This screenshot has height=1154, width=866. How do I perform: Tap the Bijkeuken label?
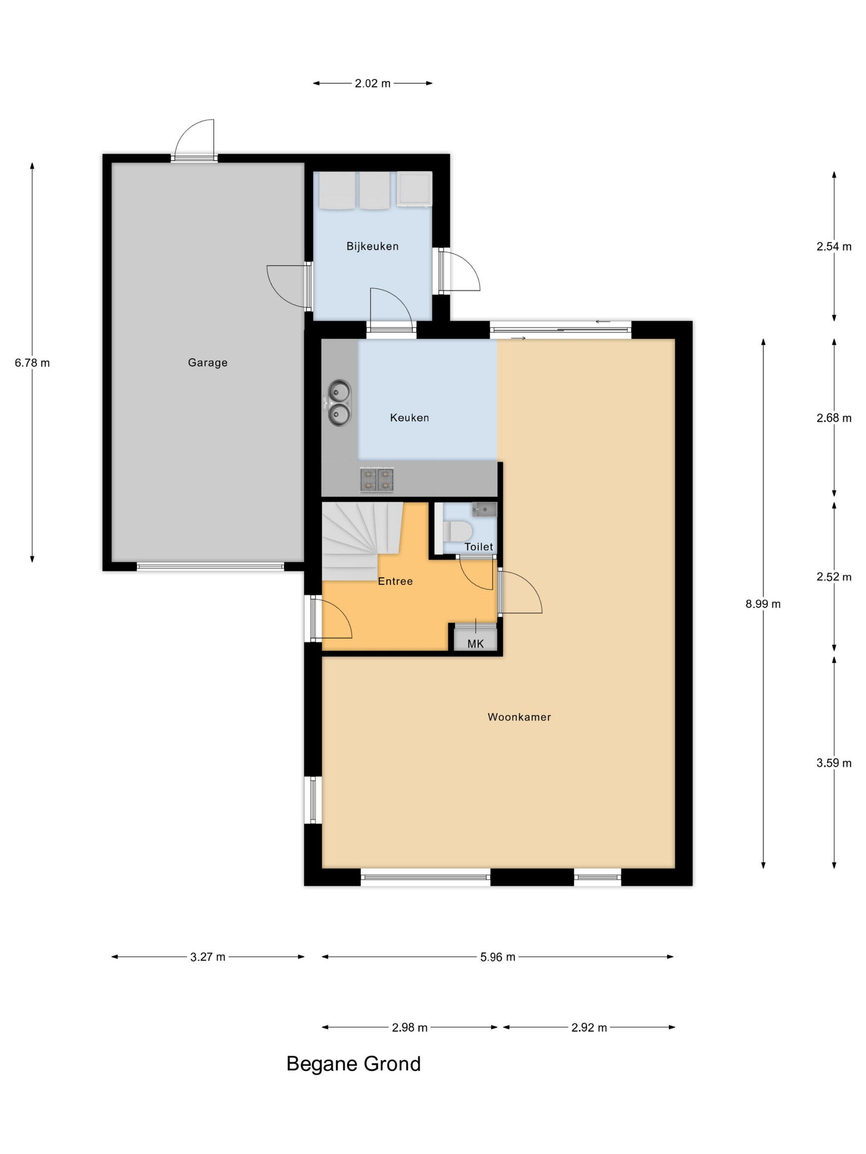(x=372, y=246)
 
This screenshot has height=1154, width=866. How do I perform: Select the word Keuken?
(x=409, y=418)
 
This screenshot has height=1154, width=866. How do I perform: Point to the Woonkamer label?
(x=519, y=717)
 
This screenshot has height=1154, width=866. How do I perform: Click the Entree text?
(x=395, y=581)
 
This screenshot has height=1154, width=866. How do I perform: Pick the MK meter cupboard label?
(x=475, y=644)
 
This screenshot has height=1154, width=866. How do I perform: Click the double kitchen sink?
(x=339, y=402)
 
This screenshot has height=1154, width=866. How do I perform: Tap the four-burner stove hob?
(x=377, y=480)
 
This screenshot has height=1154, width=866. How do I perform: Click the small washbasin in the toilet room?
(x=484, y=509)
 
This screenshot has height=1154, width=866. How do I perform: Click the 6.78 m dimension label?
(x=32, y=363)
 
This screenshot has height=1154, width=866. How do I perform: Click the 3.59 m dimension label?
(x=834, y=763)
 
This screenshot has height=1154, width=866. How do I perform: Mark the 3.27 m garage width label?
(x=208, y=957)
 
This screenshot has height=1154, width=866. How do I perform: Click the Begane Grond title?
(x=353, y=1064)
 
